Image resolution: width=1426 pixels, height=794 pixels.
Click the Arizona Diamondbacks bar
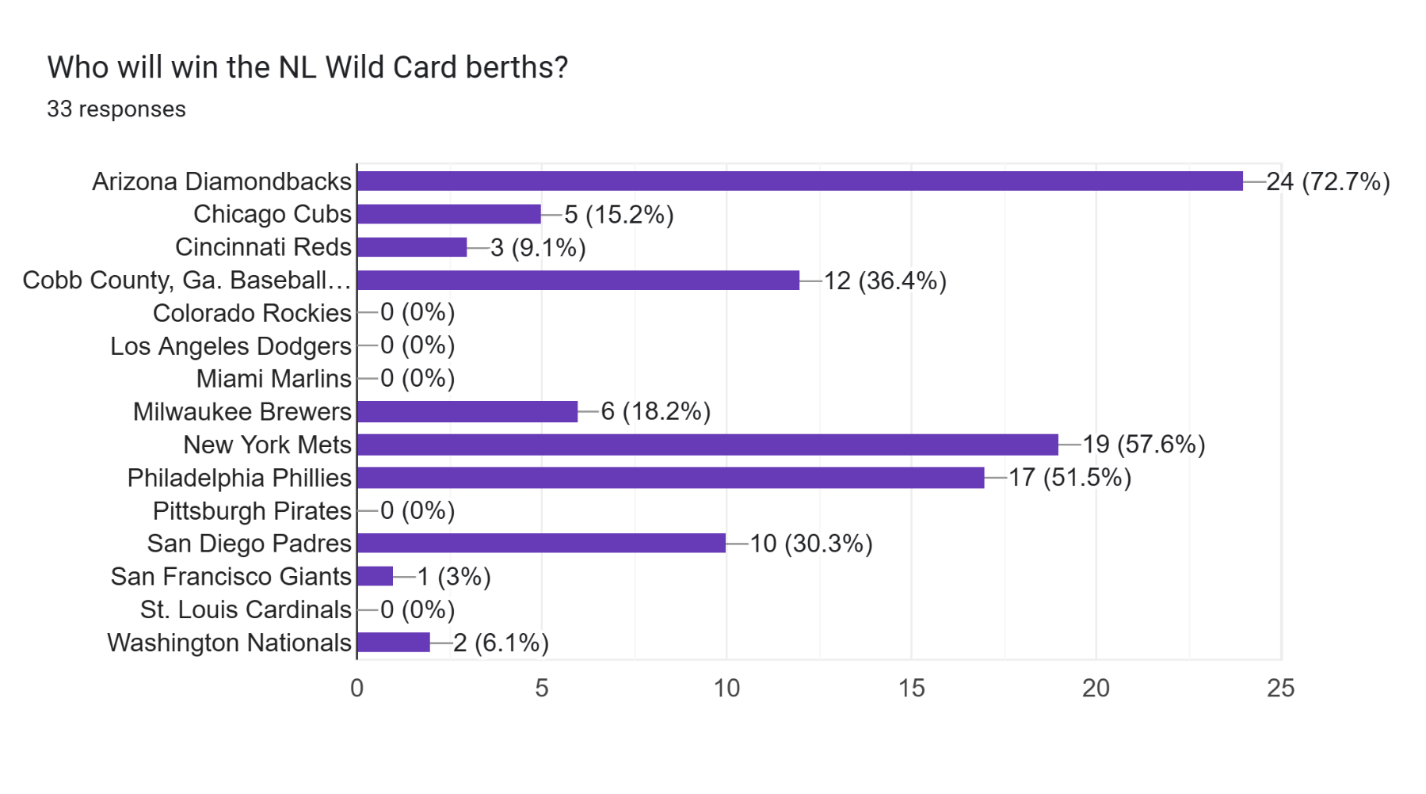point(800,181)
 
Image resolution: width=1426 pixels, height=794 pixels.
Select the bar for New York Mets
point(707,445)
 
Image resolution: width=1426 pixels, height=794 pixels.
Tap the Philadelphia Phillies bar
point(670,478)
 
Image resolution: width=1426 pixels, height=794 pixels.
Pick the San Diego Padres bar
point(541,544)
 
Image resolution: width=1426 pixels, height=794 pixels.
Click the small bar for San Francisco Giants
point(376,576)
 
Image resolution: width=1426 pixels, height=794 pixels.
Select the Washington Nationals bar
point(394,643)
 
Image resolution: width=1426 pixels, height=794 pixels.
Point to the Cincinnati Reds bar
point(412,247)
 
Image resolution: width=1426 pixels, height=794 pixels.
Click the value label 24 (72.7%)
point(1328,182)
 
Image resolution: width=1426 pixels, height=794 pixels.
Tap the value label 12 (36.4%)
point(885,281)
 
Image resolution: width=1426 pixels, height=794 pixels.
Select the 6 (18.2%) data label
point(655,411)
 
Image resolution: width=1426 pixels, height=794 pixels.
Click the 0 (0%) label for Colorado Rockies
point(418,313)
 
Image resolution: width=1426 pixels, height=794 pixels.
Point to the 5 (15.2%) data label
point(619,215)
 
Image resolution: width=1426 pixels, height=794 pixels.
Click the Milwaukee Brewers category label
point(242,412)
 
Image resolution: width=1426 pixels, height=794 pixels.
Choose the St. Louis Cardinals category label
point(246,609)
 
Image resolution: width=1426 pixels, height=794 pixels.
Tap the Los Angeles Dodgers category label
point(231,346)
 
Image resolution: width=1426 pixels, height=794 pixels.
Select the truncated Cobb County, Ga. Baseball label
point(186,281)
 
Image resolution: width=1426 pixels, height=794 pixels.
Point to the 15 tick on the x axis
point(911,688)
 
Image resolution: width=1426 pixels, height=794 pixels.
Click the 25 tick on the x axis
point(1280,688)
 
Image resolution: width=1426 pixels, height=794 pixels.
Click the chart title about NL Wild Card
point(307,68)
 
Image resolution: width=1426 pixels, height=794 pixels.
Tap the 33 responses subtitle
point(116,109)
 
